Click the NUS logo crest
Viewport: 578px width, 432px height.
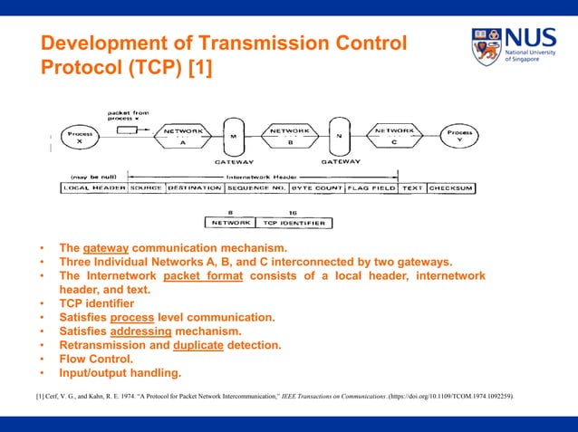(486, 46)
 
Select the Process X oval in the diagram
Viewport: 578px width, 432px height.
(80, 138)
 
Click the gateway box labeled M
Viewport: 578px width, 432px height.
(234, 138)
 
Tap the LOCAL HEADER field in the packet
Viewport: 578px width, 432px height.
(93, 187)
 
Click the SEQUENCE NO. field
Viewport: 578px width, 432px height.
(256, 187)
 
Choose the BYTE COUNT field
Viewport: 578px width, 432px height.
(317, 187)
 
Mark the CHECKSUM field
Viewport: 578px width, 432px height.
(452, 187)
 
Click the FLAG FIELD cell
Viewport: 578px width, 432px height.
(371, 187)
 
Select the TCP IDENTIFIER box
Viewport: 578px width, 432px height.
(293, 222)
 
